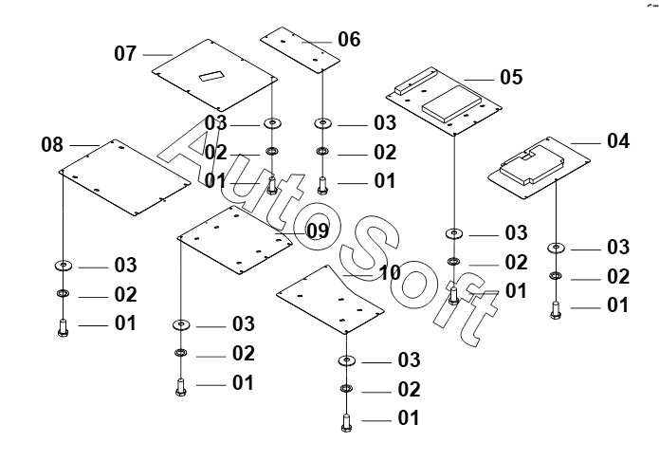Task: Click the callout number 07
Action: [126, 53]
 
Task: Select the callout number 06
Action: [349, 40]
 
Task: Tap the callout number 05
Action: [510, 77]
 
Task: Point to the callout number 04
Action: [617, 141]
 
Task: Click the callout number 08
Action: [52, 145]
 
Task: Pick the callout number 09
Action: [317, 230]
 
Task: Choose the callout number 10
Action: [390, 273]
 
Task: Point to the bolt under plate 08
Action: [64, 327]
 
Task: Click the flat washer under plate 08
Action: [64, 265]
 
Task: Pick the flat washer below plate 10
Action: [345, 361]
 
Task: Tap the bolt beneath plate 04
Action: [555, 308]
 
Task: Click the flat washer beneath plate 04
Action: [555, 249]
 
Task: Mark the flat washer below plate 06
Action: [323, 123]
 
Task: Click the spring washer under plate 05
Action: [453, 263]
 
